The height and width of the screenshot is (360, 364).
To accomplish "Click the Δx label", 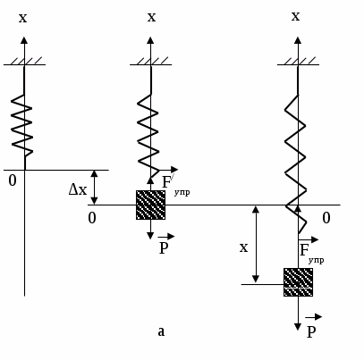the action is pyautogui.click(x=78, y=189).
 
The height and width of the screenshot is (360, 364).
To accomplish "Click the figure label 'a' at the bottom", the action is pyautogui.click(x=161, y=331).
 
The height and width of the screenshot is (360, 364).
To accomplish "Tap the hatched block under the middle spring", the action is pyautogui.click(x=150, y=205).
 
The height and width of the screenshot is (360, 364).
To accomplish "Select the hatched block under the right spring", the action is pyautogui.click(x=298, y=282).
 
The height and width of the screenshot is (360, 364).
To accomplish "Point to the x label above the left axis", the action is pyautogui.click(x=22, y=18).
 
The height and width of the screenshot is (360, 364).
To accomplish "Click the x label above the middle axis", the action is pyautogui.click(x=151, y=17).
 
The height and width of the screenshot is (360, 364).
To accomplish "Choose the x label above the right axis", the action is pyautogui.click(x=295, y=16).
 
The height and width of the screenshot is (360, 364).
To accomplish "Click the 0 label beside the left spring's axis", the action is pyautogui.click(x=13, y=180).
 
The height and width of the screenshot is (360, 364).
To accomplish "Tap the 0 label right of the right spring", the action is pyautogui.click(x=326, y=218).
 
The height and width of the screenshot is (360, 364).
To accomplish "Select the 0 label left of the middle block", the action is pyautogui.click(x=92, y=218).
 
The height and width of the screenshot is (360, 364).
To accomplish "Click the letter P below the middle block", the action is pyautogui.click(x=164, y=247).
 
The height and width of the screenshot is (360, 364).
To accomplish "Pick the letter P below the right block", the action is pyautogui.click(x=311, y=331).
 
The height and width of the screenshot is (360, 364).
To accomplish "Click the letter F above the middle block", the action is pyautogui.click(x=166, y=182).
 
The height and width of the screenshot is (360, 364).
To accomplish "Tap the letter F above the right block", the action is pyautogui.click(x=304, y=250).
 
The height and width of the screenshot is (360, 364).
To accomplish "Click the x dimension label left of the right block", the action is pyautogui.click(x=243, y=247).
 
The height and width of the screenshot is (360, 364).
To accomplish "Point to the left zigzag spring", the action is pyautogui.click(x=22, y=125).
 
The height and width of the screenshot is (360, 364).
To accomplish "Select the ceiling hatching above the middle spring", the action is pyautogui.click(x=150, y=61).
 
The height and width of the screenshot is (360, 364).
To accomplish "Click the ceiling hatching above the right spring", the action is pyautogui.click(x=298, y=61).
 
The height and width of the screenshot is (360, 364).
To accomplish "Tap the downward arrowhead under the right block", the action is pyautogui.click(x=298, y=327).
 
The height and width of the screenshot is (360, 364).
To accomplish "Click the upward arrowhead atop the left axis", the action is pyautogui.click(x=24, y=41).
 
